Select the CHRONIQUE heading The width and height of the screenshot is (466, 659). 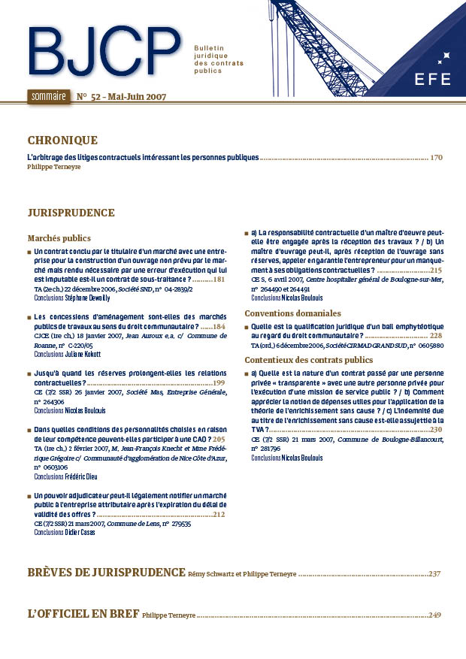(62, 141)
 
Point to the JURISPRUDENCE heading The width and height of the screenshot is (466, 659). (71, 213)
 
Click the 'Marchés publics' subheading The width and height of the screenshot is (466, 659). (59, 237)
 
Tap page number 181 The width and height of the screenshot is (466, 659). (219, 280)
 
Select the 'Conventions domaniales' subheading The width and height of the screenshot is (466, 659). (293, 313)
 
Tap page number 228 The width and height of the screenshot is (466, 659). (436, 336)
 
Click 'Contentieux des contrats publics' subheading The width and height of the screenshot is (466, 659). (309, 360)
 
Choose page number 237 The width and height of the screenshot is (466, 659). (434, 573)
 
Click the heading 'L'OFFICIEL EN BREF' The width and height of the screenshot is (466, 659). (83, 614)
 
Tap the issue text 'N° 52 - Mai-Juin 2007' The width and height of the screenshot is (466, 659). (121, 97)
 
